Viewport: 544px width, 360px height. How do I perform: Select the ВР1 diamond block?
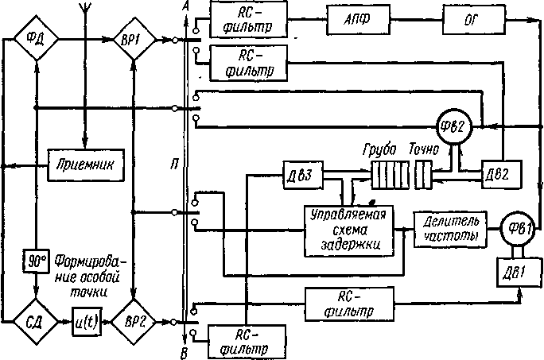point(136,37)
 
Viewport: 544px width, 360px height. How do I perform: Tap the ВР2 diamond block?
point(137,323)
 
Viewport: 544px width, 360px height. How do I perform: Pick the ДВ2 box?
point(501,172)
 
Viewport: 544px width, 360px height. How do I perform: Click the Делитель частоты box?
point(446,227)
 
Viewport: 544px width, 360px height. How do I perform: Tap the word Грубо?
point(379,149)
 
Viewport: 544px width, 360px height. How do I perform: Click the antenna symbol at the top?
point(87,8)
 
